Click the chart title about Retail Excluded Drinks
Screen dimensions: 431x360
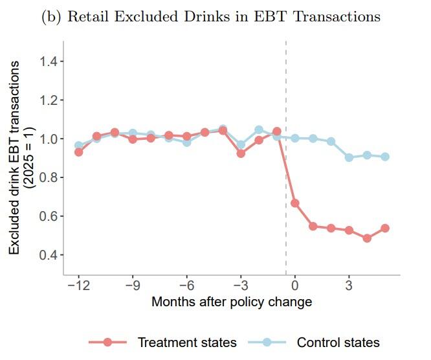coord(211,16)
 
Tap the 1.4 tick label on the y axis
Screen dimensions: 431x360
coord(49,61)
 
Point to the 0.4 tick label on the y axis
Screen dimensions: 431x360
coord(49,255)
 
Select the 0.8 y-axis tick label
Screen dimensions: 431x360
coord(49,177)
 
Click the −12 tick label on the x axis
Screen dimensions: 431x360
coord(78,286)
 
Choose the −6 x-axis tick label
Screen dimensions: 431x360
coord(186,286)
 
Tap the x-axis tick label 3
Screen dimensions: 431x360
coord(349,286)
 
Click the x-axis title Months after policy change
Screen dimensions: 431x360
coord(232,302)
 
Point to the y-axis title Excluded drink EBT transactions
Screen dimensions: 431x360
coord(14,157)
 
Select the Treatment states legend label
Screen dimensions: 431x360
coord(187,343)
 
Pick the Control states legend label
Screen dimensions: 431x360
coord(338,343)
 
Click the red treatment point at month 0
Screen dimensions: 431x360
coord(295,203)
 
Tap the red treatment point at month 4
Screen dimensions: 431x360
coord(367,238)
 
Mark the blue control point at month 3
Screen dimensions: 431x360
coord(349,157)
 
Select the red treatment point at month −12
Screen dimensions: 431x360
coord(78,152)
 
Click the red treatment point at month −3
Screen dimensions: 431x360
coord(241,153)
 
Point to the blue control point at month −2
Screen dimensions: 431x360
coord(259,129)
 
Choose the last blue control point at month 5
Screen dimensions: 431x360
coord(385,157)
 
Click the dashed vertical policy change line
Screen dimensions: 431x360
coord(286,158)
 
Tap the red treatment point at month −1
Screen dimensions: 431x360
coord(277,131)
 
